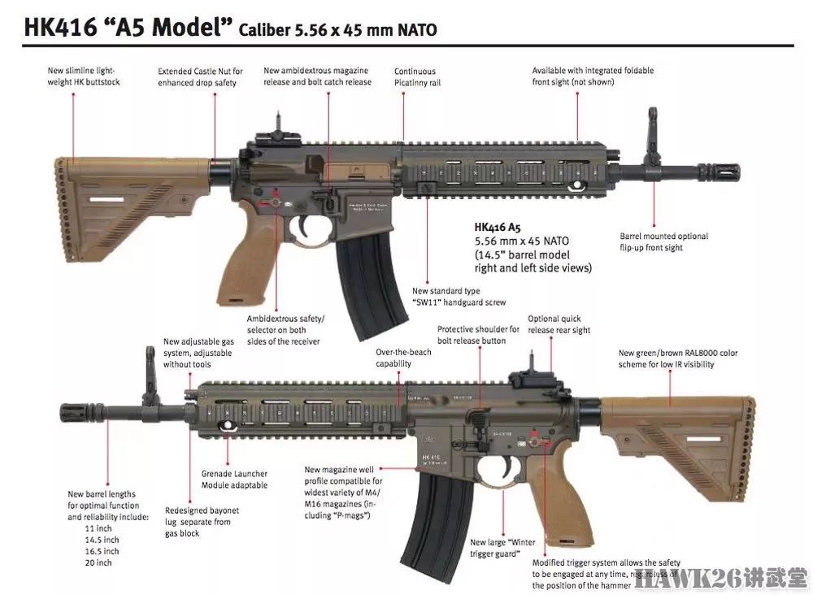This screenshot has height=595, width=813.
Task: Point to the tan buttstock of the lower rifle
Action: (x=691, y=439)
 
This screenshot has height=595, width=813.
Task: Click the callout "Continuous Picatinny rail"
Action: (x=415, y=77)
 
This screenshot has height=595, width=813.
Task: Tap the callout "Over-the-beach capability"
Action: (x=404, y=358)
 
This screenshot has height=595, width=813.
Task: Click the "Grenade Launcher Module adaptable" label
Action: (x=234, y=480)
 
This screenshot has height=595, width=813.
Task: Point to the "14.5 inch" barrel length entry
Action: (x=102, y=540)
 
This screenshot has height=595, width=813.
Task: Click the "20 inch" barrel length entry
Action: (x=98, y=562)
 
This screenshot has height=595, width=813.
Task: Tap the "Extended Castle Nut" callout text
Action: (x=200, y=77)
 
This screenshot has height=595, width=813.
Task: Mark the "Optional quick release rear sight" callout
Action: (x=559, y=324)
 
